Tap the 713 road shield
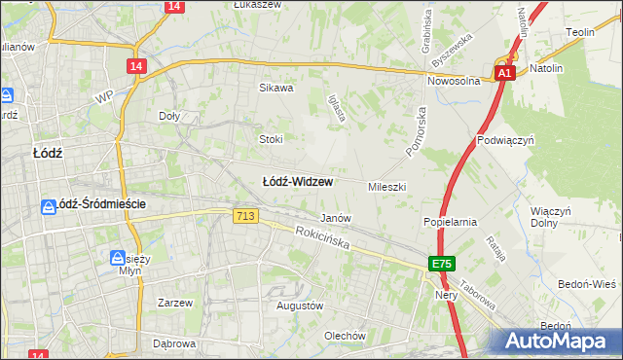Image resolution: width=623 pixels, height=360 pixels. click(x=246, y=217)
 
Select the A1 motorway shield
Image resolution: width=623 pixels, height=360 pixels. click(x=503, y=73)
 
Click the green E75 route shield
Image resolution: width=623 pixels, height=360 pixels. click(x=443, y=264)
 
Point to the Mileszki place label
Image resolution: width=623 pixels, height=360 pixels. click(x=386, y=186)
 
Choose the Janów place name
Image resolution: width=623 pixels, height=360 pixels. click(x=336, y=219)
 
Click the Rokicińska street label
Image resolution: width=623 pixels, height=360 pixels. click(x=323, y=237)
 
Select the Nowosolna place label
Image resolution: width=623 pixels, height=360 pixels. click(x=455, y=82)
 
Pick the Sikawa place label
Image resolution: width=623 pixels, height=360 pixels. click(x=275, y=88)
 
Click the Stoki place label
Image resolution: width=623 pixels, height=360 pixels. click(x=270, y=139)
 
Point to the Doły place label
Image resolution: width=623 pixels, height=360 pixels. click(x=170, y=116)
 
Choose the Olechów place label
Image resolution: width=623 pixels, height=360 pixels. click(x=345, y=337)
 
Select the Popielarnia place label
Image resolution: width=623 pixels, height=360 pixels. click(x=450, y=222)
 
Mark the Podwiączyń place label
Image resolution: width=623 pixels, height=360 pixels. click(x=506, y=140)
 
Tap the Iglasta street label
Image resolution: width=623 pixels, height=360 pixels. click(x=337, y=109)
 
